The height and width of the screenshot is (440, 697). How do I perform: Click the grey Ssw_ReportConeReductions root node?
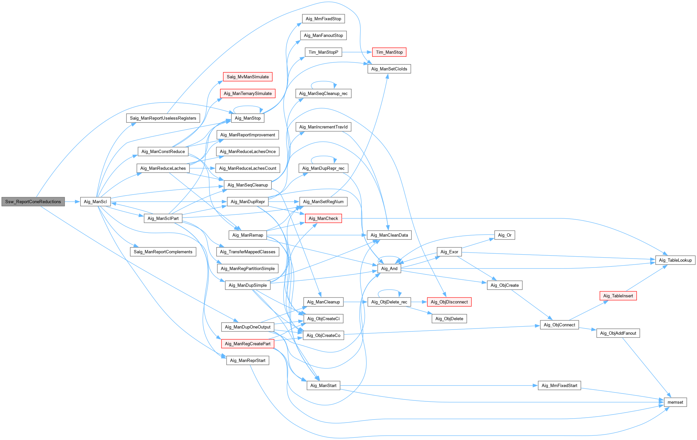[33, 202]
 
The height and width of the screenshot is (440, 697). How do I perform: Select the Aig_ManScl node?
[95, 202]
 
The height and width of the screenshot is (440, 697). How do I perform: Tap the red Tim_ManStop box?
[389, 52]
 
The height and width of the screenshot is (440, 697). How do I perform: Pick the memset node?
[675, 402]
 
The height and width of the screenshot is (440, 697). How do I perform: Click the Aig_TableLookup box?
[675, 260]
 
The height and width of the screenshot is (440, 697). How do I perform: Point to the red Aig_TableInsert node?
[618, 296]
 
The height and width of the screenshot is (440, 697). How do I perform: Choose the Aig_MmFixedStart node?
[559, 385]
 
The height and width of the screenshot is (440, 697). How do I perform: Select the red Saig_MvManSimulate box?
[248, 77]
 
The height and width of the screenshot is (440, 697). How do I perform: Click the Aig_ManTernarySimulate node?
[248, 93]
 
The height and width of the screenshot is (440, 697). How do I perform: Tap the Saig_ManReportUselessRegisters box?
[163, 118]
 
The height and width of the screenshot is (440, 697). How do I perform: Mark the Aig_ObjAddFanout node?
[618, 333]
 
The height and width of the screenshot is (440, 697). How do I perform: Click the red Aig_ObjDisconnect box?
[449, 302]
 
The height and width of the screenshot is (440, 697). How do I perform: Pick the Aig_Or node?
[505, 235]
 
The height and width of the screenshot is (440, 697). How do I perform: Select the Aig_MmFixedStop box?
[323, 19]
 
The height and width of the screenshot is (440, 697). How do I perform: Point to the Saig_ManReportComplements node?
[163, 252]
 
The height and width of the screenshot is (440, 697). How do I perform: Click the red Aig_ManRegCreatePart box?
[248, 344]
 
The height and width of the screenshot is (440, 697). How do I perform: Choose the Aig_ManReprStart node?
[248, 360]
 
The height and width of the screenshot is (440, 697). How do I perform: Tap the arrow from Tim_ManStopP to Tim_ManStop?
[357, 52]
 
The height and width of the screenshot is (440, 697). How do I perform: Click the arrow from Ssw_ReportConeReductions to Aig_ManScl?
[72, 202]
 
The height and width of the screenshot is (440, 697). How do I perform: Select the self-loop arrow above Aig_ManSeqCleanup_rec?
[324, 81]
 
